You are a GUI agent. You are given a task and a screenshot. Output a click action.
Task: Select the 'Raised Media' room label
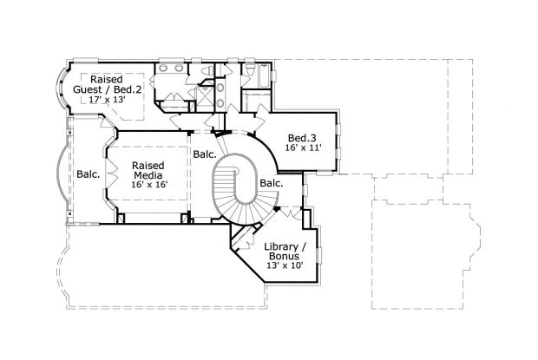pos(148,170)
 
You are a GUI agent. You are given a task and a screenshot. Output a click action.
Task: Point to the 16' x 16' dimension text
pos(148,185)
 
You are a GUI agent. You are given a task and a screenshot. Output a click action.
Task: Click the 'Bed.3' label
pos(301,137)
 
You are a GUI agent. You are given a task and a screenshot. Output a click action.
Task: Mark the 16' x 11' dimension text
pos(301,148)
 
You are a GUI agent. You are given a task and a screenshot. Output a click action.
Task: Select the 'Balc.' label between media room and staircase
pos(205,154)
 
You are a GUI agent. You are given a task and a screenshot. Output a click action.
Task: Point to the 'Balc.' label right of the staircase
pos(271,183)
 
